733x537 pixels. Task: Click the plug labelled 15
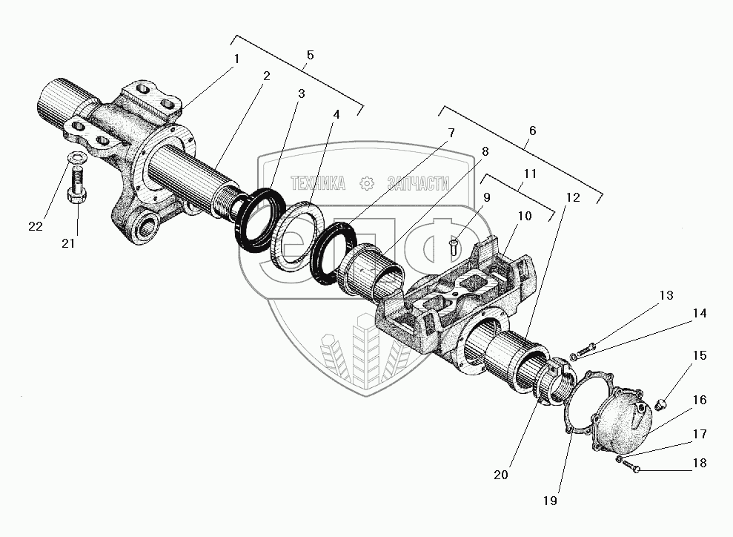tap(662, 404)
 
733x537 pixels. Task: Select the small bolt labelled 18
tap(630, 466)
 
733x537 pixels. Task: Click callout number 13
tap(666, 296)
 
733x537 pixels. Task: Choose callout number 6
tap(531, 131)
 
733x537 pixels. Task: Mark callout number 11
tap(528, 174)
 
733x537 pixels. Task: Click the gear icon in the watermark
tap(364, 182)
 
